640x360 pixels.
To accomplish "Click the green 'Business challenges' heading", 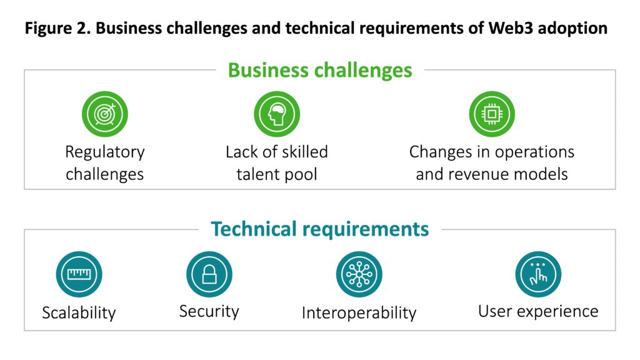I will [320, 70].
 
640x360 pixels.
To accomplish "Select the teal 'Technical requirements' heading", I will [320, 229].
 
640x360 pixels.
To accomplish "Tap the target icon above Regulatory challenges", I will [105, 114].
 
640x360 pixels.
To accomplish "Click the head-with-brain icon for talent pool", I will [277, 114].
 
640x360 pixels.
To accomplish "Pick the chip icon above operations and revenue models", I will [492, 114].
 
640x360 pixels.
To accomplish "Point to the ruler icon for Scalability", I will [79, 274].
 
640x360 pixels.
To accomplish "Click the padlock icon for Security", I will [209, 274].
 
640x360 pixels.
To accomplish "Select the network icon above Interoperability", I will [359, 274].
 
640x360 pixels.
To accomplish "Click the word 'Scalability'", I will [79, 312].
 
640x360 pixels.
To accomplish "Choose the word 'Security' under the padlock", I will [209, 311].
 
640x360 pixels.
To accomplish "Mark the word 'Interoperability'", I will [359, 312].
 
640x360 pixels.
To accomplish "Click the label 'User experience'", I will [538, 311].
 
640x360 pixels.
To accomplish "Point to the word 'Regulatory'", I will [105, 152].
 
